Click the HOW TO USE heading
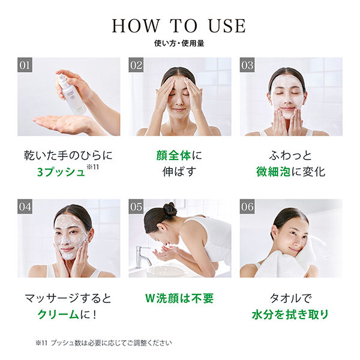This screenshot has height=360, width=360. coord(179,25)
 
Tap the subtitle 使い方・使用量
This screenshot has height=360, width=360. coord(179,44)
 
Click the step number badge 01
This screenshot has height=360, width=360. coord(25,65)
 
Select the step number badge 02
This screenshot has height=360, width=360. coord(136,65)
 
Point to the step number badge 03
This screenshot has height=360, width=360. coord(247,65)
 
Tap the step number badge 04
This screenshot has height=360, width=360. coord(25,206)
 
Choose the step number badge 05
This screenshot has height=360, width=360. coord(136,206)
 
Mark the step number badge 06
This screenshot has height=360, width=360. coord(247,206)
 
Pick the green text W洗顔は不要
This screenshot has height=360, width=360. coord(179,298)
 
